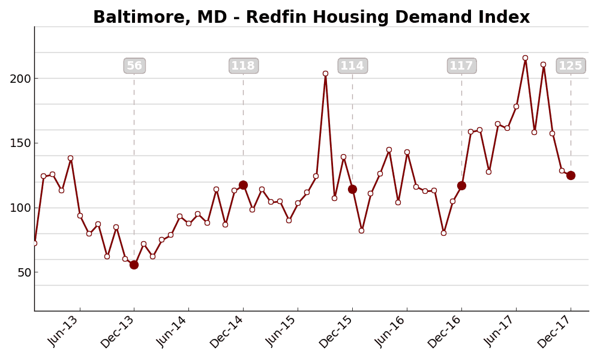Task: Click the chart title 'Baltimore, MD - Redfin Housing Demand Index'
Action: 311,17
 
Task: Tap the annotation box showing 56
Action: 134,66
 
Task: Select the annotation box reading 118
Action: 244,66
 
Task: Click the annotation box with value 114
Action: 352,66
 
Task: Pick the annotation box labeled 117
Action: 461,66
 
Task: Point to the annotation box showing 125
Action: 571,66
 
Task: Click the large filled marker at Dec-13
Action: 134,265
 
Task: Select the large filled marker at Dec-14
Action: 243,185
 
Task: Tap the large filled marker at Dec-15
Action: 352,189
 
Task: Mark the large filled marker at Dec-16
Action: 461,185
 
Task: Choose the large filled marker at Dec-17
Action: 571,175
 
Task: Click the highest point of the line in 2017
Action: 525,58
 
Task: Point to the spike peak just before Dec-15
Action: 325,74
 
